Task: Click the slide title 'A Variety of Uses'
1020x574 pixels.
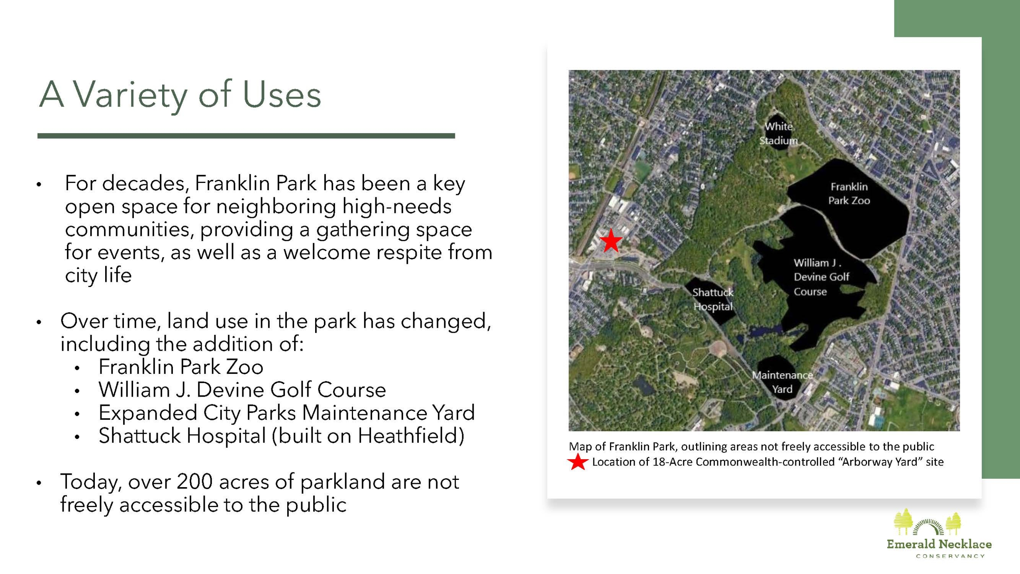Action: coord(180,94)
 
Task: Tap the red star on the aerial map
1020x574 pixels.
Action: coord(611,240)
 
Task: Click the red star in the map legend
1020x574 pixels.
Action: coord(578,462)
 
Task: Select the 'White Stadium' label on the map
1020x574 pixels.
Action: coord(778,134)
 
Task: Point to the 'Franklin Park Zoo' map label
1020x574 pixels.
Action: coord(849,193)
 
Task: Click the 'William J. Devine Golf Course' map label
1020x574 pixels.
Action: coord(821,277)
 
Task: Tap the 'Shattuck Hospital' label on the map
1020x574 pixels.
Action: coord(713,299)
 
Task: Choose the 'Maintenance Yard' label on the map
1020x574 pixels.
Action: coord(782,382)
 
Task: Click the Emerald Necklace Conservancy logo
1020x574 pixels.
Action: coord(939,533)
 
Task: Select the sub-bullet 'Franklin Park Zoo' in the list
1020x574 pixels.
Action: coord(181,367)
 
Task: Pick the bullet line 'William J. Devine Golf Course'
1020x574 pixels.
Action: coord(242,389)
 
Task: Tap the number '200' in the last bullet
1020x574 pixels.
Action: coord(195,482)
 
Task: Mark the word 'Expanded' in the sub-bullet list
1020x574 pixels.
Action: coord(148,413)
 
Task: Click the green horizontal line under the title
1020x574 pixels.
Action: coord(246,136)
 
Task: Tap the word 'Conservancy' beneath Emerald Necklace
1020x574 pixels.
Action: coord(950,556)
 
